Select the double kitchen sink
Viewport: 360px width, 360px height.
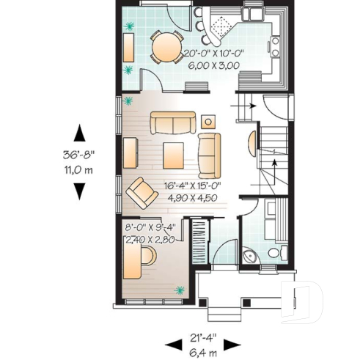coord(254,14)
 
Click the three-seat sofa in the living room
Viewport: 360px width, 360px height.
coord(173,122)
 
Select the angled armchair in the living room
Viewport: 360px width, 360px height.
coord(140,192)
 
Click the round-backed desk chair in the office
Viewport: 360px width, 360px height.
coord(148,254)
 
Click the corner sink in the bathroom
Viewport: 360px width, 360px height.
coord(249,256)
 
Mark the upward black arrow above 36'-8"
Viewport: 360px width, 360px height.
coord(79,134)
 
